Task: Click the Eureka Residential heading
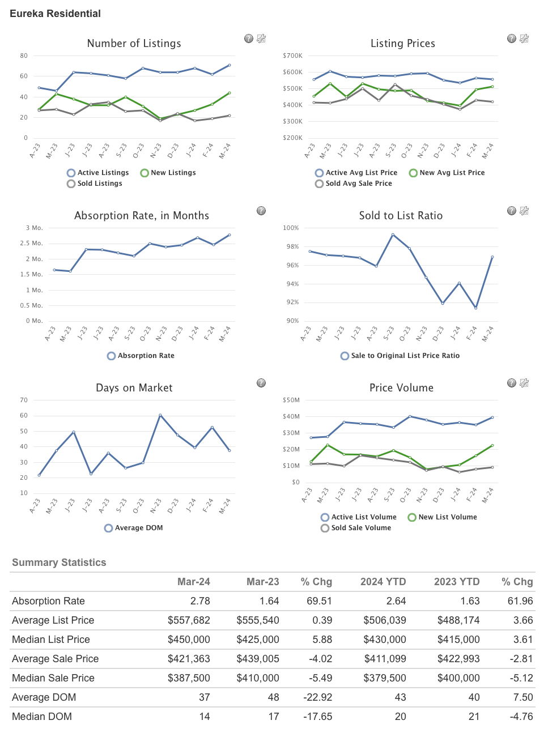click(55, 14)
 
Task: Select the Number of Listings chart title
click(134, 44)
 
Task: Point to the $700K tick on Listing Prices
click(292, 56)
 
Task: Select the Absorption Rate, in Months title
click(141, 216)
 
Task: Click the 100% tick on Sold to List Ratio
click(291, 228)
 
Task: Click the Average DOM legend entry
click(133, 528)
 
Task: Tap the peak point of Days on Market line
click(160, 415)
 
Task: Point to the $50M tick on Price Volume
click(291, 400)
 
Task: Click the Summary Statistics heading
click(59, 562)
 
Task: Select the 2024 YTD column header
click(383, 582)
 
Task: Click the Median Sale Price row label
click(53, 678)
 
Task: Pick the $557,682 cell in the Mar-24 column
click(189, 620)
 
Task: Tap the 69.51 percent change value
click(319, 601)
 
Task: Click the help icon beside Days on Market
click(261, 383)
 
